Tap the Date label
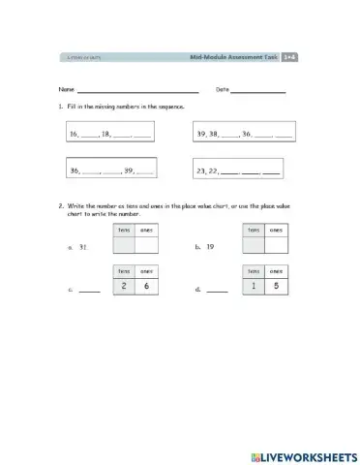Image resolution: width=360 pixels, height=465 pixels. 222,89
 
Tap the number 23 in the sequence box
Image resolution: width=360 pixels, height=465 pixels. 202,170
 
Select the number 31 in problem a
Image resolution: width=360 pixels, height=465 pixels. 84,247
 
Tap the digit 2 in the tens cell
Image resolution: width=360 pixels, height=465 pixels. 123,286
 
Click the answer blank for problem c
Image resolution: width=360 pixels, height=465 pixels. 89,291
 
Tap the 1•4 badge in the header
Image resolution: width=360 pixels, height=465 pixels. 288,58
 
